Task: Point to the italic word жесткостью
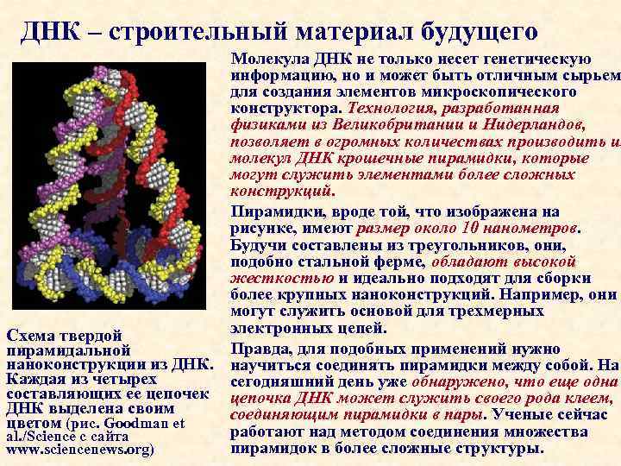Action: pyautogui.click(x=282, y=278)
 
